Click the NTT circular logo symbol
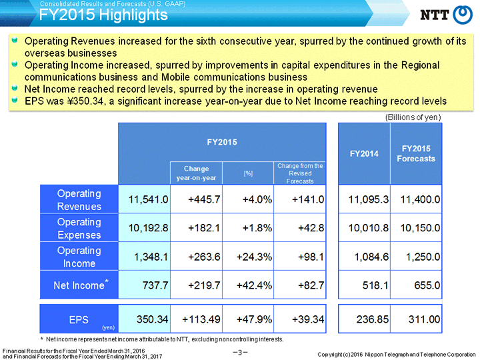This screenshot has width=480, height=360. point(463,15)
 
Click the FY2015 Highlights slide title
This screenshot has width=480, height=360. point(103,15)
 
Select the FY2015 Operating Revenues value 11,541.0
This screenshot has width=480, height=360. point(148,199)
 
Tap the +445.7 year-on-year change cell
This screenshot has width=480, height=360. point(204,199)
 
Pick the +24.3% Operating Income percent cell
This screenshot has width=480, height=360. point(254,257)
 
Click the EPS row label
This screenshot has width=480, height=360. point(79,319)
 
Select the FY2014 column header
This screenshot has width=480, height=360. point(364,154)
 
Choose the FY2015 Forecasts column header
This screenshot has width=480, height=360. point(416,154)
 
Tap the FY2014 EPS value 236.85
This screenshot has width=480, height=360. point(372,319)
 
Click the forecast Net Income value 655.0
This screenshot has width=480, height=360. point(427,285)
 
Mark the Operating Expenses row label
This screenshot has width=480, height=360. point(79,228)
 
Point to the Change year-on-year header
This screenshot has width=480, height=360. point(196,173)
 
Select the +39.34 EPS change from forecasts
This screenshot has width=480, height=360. point(307,319)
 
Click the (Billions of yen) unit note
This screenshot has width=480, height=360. point(413,117)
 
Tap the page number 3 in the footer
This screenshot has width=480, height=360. point(240,353)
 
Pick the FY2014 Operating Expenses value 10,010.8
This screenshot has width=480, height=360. point(369,228)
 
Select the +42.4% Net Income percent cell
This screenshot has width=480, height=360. point(254,285)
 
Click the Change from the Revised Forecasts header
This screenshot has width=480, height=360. point(300,173)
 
